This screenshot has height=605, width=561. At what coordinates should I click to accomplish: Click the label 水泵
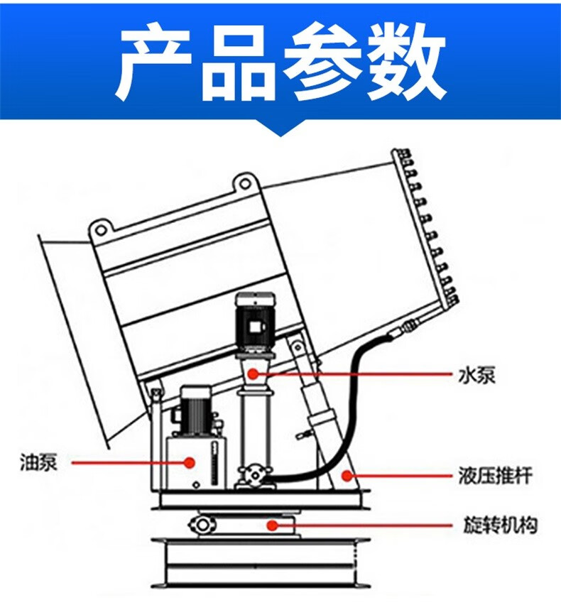click(478, 374)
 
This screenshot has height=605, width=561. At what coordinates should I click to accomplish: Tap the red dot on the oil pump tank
click(190, 463)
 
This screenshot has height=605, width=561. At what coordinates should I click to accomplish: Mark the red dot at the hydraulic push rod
click(347, 474)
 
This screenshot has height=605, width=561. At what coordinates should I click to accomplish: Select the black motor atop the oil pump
click(196, 410)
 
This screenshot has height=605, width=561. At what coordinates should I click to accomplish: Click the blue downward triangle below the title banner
click(280, 128)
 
